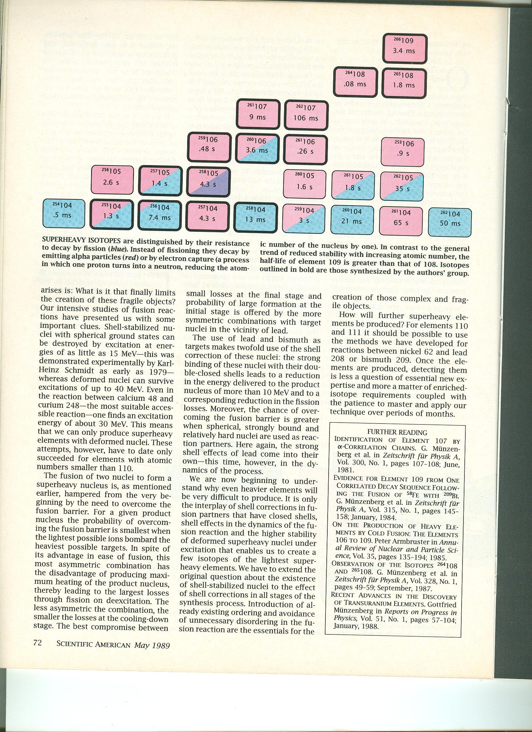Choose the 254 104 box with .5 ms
click(64, 213)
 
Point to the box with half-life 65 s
click(401, 221)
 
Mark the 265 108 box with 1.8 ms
click(403, 82)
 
